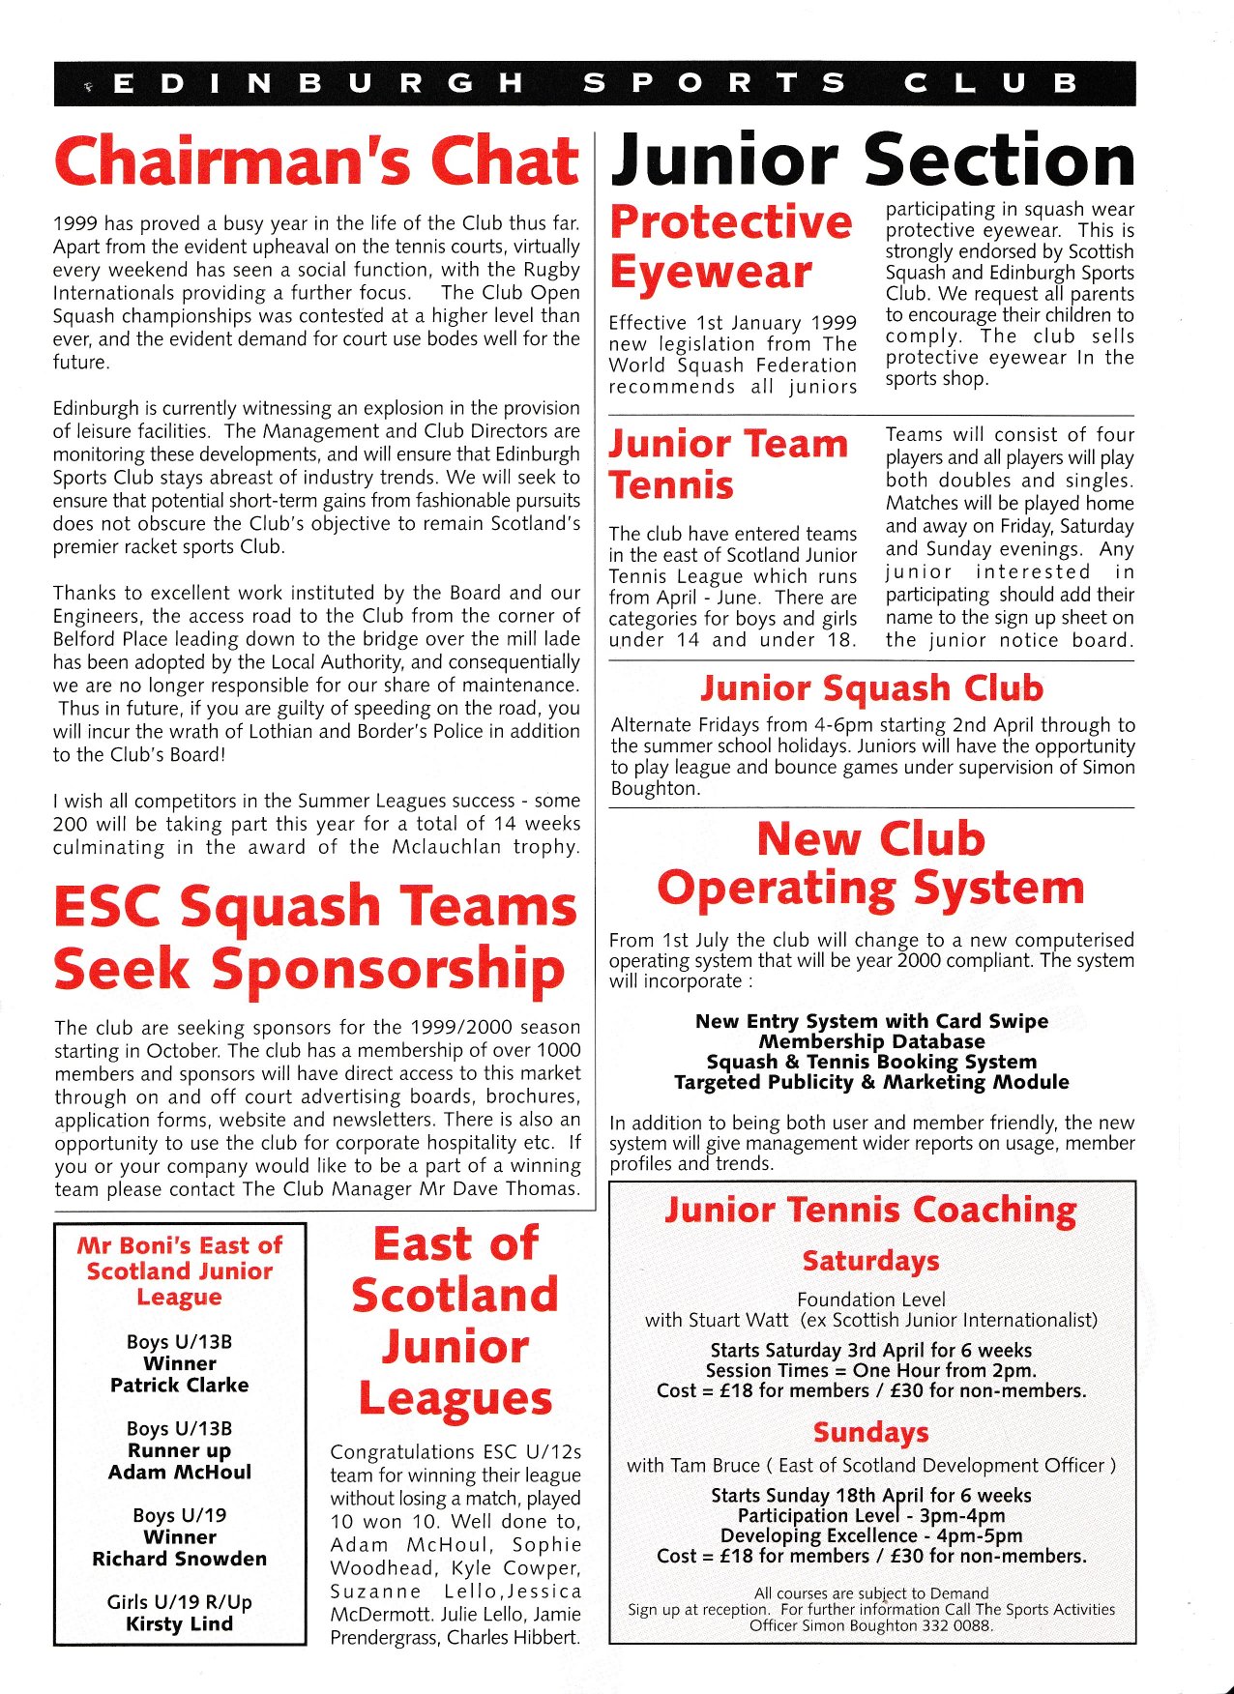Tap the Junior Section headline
pos(872,161)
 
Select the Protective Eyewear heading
pos(731,248)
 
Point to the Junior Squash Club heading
pos(872,688)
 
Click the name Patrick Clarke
pos(180,1386)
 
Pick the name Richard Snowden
pos(180,1560)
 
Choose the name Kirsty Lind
pos(180,1624)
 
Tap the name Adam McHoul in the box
pos(180,1473)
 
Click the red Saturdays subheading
pos(870,1262)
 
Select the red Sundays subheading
pos(870,1432)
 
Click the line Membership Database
pos(871,1041)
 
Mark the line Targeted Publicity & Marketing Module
pos(871,1082)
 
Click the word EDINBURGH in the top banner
pos(318,83)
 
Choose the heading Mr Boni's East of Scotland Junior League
pos(180,1271)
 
